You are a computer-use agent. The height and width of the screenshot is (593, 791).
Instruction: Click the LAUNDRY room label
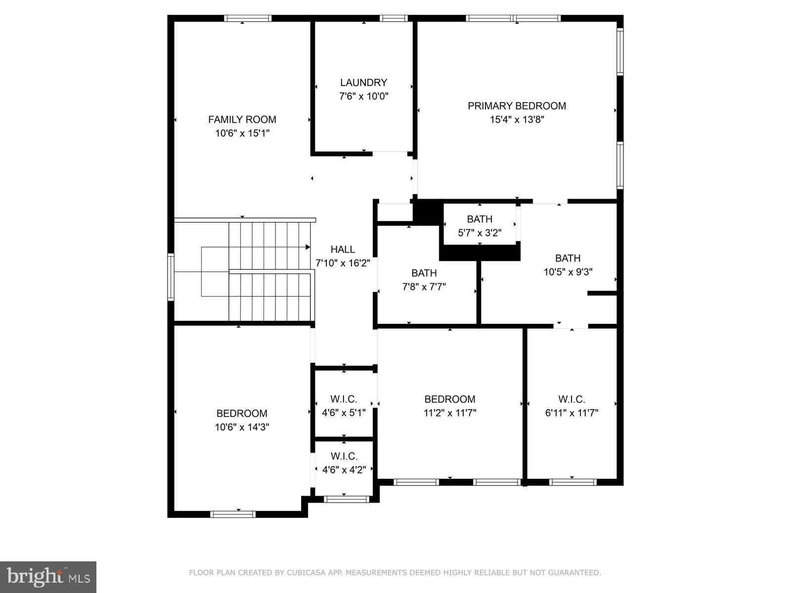click(363, 83)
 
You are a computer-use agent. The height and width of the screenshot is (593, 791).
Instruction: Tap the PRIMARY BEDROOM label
click(517, 106)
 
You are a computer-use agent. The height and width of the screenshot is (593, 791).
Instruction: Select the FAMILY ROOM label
click(242, 119)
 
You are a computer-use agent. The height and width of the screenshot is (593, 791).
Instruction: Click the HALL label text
click(343, 250)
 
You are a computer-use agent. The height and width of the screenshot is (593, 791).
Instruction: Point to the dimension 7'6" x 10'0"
click(363, 96)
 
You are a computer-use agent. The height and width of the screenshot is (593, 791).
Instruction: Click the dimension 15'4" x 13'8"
click(517, 120)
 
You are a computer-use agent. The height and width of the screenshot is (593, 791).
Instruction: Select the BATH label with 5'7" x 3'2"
click(480, 219)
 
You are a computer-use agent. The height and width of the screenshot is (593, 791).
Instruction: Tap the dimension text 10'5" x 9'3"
click(568, 272)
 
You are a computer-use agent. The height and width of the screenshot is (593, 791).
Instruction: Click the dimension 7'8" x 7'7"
click(424, 287)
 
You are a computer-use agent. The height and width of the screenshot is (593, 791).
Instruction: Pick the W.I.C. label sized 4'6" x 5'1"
click(344, 399)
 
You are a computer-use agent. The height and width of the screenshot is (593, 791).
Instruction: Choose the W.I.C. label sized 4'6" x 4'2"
click(344, 456)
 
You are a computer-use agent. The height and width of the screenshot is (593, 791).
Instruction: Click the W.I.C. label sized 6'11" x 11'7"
click(571, 399)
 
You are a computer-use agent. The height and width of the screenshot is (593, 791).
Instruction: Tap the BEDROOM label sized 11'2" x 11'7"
click(449, 399)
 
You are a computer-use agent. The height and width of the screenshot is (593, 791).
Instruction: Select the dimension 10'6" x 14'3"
click(242, 427)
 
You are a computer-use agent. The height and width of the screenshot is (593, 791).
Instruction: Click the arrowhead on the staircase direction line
click(308, 247)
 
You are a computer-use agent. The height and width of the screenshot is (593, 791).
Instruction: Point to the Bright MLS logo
click(48, 577)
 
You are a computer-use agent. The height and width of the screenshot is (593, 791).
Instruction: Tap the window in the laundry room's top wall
click(394, 19)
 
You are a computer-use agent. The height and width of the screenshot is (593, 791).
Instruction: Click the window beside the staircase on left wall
click(171, 277)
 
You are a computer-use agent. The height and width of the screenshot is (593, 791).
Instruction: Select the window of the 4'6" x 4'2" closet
click(346, 499)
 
